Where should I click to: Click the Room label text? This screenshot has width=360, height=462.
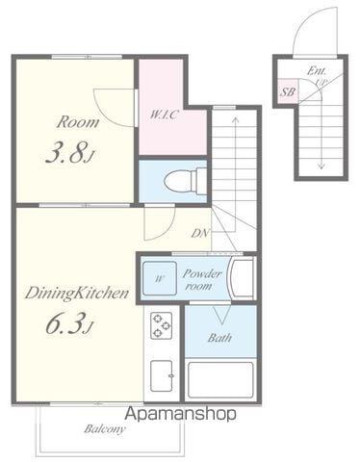(x=78, y=122)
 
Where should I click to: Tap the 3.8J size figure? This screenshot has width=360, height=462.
(x=70, y=152)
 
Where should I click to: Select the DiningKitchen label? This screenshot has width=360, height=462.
(x=77, y=294)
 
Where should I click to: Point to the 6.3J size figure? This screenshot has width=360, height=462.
(x=69, y=323)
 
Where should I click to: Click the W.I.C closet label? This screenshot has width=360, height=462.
(x=164, y=115)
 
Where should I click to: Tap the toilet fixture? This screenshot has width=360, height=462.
(x=185, y=181)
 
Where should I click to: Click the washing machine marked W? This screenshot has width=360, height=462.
(x=160, y=278)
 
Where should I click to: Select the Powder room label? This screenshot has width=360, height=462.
(x=202, y=280)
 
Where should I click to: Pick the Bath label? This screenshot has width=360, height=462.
(x=219, y=338)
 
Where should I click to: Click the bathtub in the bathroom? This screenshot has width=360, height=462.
(x=220, y=380)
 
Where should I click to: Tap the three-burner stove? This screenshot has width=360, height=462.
(x=161, y=325)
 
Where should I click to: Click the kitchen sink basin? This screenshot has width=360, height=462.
(x=162, y=375)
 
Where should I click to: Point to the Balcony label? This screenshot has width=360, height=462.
(x=105, y=429)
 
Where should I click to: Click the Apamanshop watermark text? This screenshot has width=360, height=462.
(x=181, y=414)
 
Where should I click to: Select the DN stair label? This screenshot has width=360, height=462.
(x=200, y=233)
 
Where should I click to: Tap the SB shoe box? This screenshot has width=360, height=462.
(x=288, y=91)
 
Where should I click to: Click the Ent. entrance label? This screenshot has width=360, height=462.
(x=316, y=71)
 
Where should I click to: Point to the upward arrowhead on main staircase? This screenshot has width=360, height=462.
(x=236, y=119)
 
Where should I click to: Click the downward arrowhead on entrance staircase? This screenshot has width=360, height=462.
(x=321, y=167)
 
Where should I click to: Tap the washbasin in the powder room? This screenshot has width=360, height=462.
(x=243, y=278)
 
